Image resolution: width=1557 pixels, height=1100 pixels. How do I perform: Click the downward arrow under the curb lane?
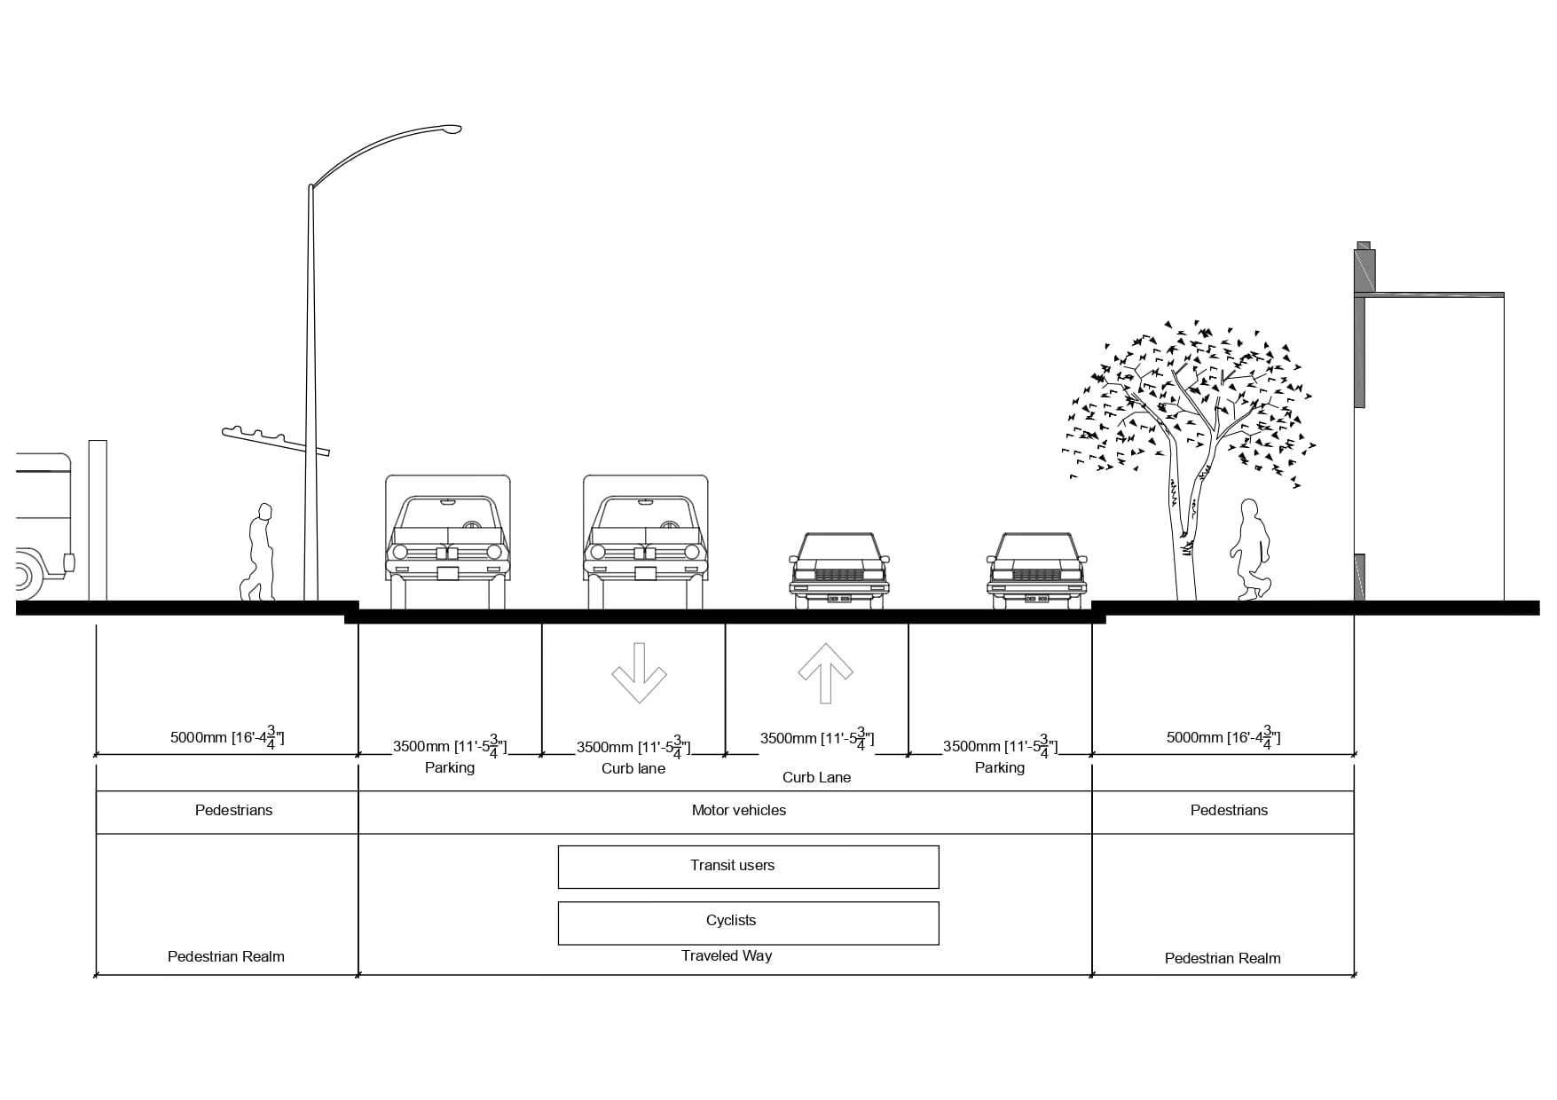(639, 673)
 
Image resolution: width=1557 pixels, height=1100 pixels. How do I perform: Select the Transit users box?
(748, 867)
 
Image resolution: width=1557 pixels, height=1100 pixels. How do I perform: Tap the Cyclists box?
(748, 923)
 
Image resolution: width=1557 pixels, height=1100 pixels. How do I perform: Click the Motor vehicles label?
(738, 810)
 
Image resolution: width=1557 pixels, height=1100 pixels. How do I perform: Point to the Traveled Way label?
(727, 955)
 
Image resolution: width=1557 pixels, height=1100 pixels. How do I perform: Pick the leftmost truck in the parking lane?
(448, 541)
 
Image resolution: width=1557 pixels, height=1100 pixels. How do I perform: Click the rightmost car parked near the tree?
(1036, 570)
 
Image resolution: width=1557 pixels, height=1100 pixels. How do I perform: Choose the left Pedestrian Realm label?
(226, 956)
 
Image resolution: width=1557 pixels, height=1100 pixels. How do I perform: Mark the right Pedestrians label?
(1229, 810)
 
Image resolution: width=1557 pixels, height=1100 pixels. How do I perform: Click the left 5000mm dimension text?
(227, 737)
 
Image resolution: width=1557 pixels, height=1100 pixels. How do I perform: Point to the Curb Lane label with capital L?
(816, 777)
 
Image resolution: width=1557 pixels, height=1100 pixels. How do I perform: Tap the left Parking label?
(450, 767)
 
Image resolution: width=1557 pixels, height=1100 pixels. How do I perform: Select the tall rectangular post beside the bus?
(98, 521)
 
